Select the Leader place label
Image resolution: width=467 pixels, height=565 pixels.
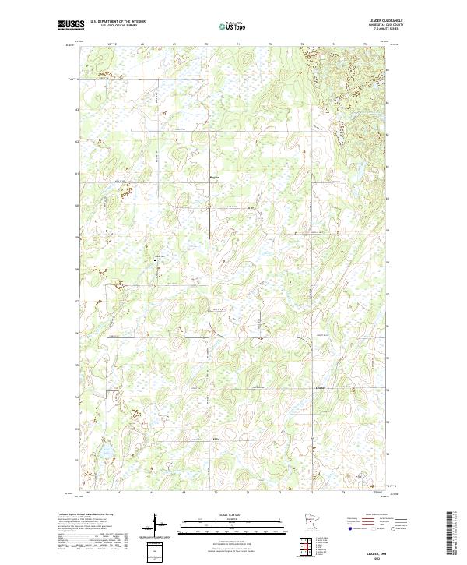click(322, 387)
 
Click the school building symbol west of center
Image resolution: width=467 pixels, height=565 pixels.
click(156, 260)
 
